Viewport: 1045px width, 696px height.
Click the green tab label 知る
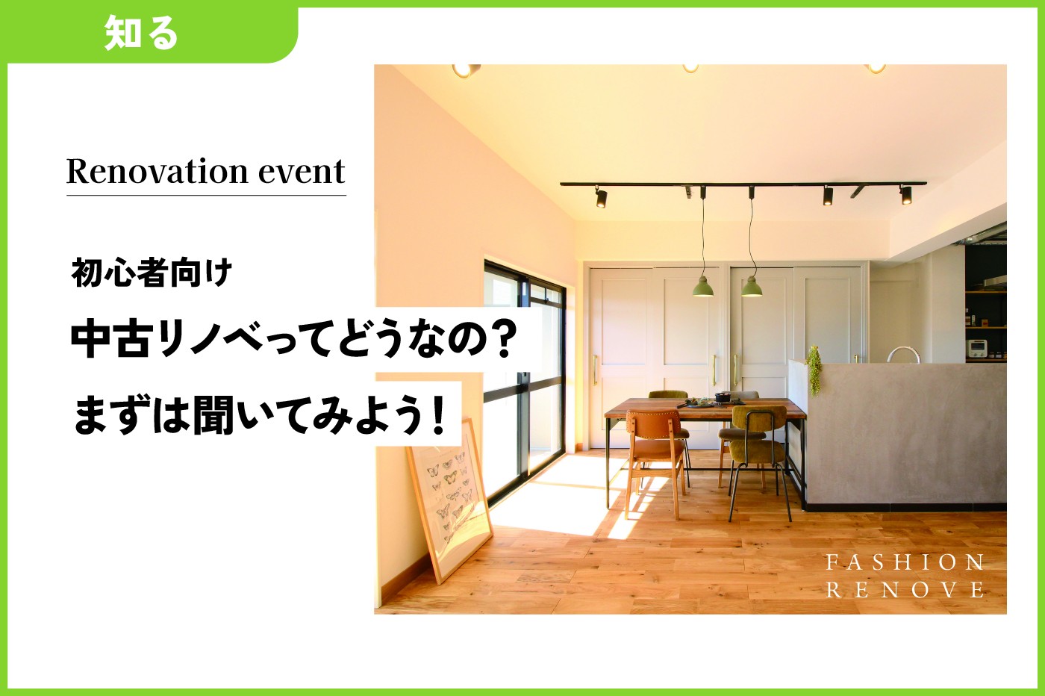click(x=141, y=34)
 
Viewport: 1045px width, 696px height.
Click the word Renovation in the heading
click(x=156, y=172)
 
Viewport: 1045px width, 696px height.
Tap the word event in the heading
click(x=302, y=172)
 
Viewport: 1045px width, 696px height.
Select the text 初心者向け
click(x=152, y=273)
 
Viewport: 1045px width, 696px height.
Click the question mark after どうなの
click(x=506, y=340)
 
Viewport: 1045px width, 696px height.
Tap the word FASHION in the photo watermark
click(x=905, y=562)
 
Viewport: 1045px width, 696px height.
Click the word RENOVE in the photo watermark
click(x=905, y=590)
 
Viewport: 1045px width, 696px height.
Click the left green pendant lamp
click(x=702, y=287)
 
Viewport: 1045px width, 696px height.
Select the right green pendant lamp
click(x=752, y=287)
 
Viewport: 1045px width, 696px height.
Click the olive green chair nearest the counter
click(x=758, y=448)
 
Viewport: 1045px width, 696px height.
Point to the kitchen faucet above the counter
click(x=902, y=354)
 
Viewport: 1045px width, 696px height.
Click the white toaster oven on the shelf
click(x=976, y=348)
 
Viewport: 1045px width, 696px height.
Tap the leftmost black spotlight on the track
click(x=601, y=198)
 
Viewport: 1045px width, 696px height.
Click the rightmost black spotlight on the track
click(x=905, y=195)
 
